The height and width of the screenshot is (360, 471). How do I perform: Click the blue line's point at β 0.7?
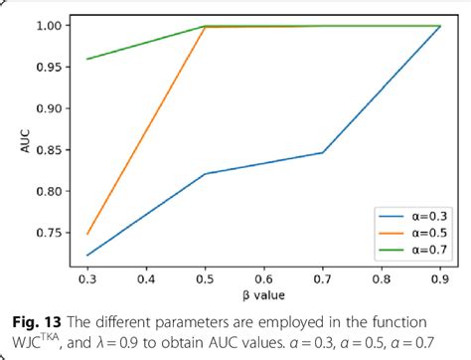point(324,152)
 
